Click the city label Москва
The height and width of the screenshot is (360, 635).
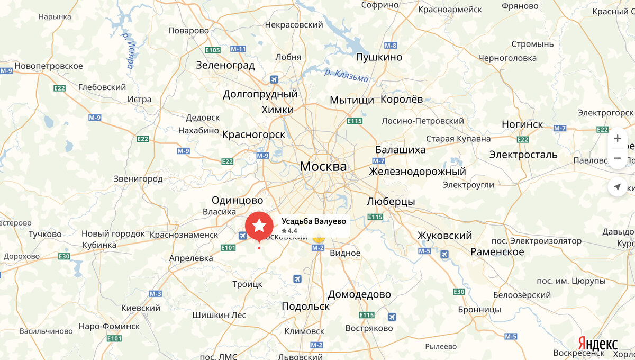pyautogui.click(x=323, y=166)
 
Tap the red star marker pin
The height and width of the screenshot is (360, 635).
pyautogui.click(x=259, y=226)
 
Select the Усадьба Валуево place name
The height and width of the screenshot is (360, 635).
pyautogui.click(x=313, y=221)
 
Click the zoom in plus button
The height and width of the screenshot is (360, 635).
pyautogui.click(x=617, y=139)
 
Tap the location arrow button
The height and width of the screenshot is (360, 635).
pyautogui.click(x=617, y=187)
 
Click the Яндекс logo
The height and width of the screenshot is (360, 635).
pyautogui.click(x=597, y=344)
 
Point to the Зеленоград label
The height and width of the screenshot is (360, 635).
pyautogui.click(x=225, y=66)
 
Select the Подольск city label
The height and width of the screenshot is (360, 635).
pyautogui.click(x=305, y=306)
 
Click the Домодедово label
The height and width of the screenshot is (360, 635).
pyautogui.click(x=359, y=294)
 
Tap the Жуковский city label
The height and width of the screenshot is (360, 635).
pyautogui.click(x=444, y=236)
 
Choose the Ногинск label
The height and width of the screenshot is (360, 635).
pyautogui.click(x=522, y=124)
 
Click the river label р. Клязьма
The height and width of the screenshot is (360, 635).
pyautogui.click(x=346, y=75)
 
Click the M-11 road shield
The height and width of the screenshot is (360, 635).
pyautogui.click(x=238, y=49)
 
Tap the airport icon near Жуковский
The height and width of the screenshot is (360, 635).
pyautogui.click(x=444, y=255)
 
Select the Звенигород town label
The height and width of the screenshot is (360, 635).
pyautogui.click(x=138, y=179)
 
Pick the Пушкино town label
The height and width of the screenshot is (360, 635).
pyautogui.click(x=379, y=57)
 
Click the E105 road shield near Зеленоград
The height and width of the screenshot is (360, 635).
pyautogui.click(x=212, y=50)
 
